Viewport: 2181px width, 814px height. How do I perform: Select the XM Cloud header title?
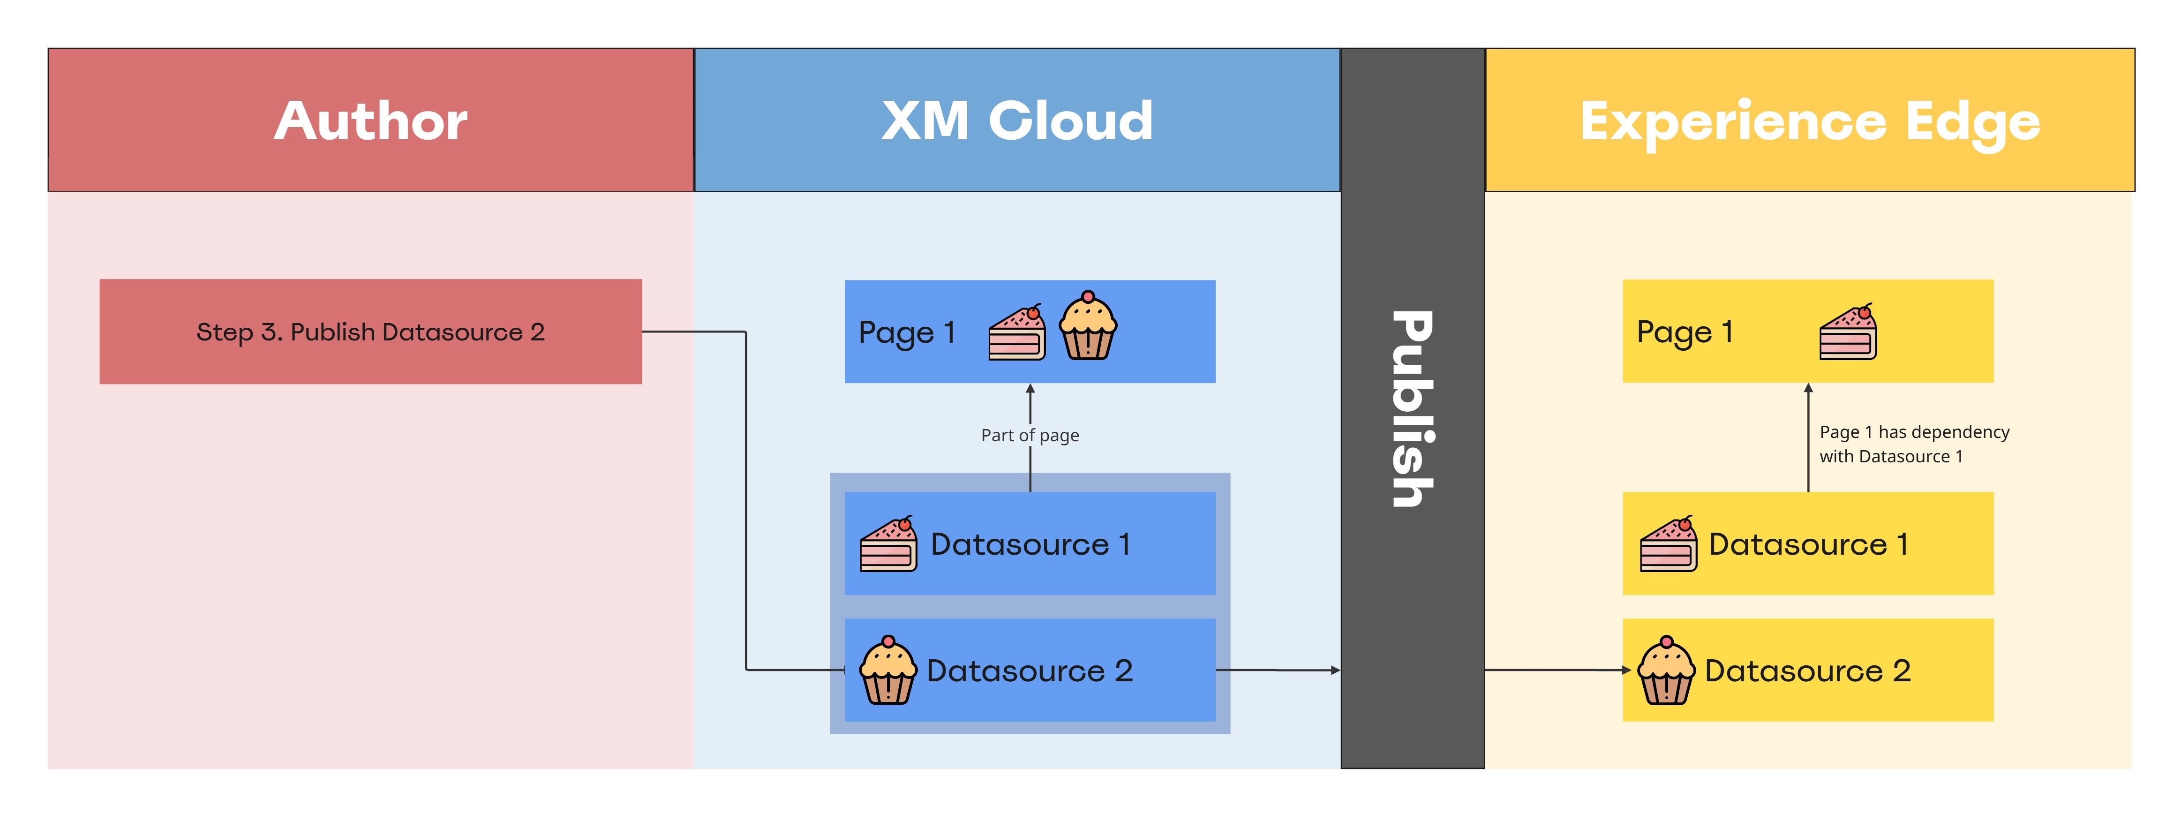click(x=1017, y=121)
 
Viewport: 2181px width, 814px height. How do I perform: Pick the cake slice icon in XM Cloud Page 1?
click(x=1017, y=333)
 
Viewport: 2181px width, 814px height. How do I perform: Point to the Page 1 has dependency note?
click(x=1913, y=444)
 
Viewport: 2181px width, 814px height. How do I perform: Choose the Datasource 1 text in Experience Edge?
click(x=1808, y=544)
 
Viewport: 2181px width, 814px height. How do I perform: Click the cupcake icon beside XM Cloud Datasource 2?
click(x=888, y=671)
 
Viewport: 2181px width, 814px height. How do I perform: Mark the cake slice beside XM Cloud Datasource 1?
click(x=888, y=545)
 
